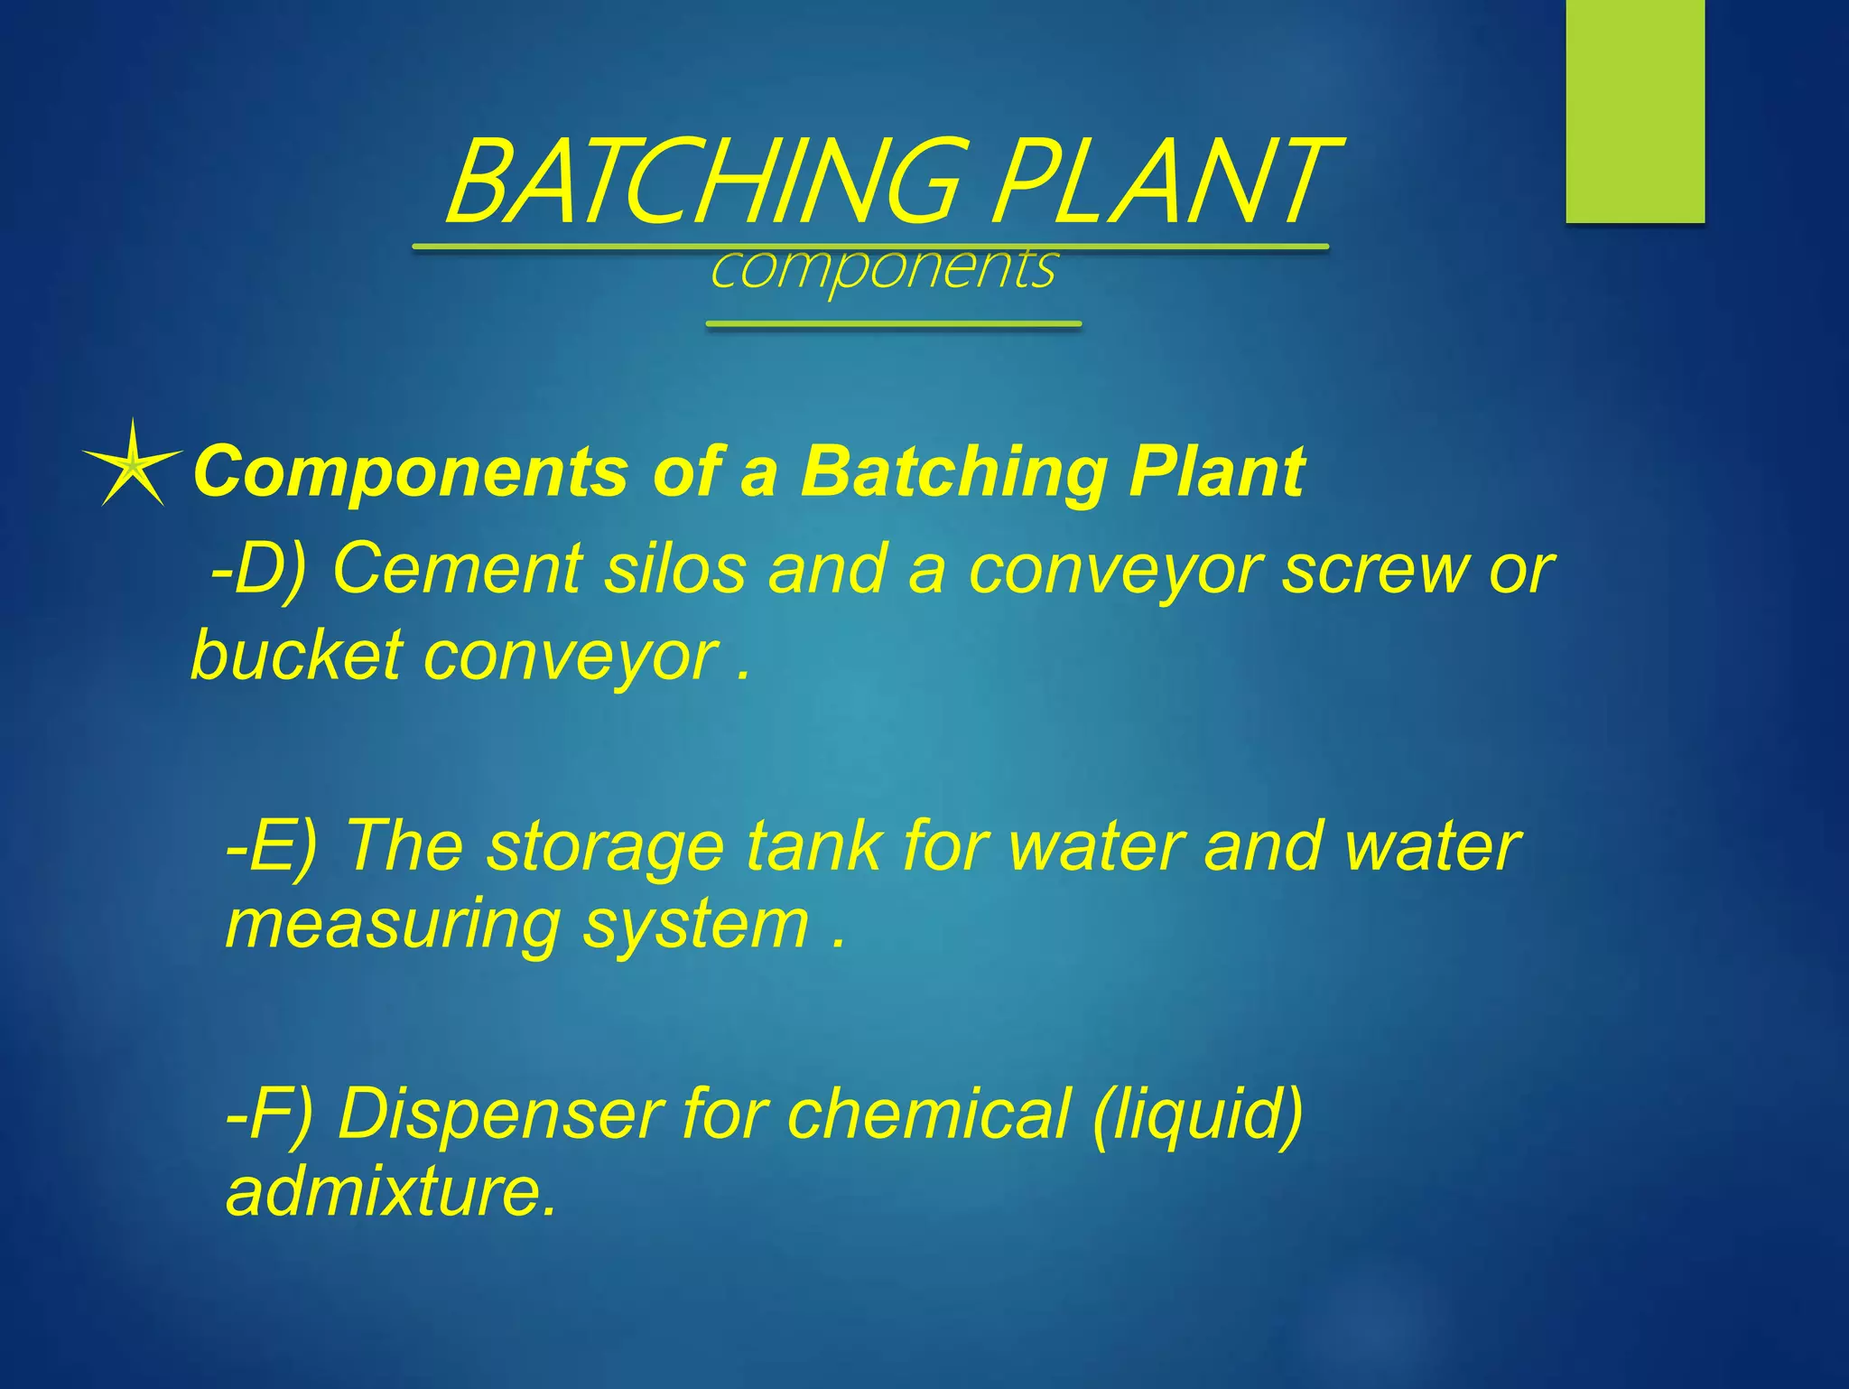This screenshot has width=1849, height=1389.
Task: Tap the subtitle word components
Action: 882,268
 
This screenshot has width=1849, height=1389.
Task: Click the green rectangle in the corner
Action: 1634,110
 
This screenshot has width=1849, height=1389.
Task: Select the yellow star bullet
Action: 133,465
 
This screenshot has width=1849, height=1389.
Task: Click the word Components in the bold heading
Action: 411,471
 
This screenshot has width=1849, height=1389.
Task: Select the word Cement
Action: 458,569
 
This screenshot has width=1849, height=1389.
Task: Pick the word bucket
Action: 297,655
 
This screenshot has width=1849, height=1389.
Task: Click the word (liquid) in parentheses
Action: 1197,1114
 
